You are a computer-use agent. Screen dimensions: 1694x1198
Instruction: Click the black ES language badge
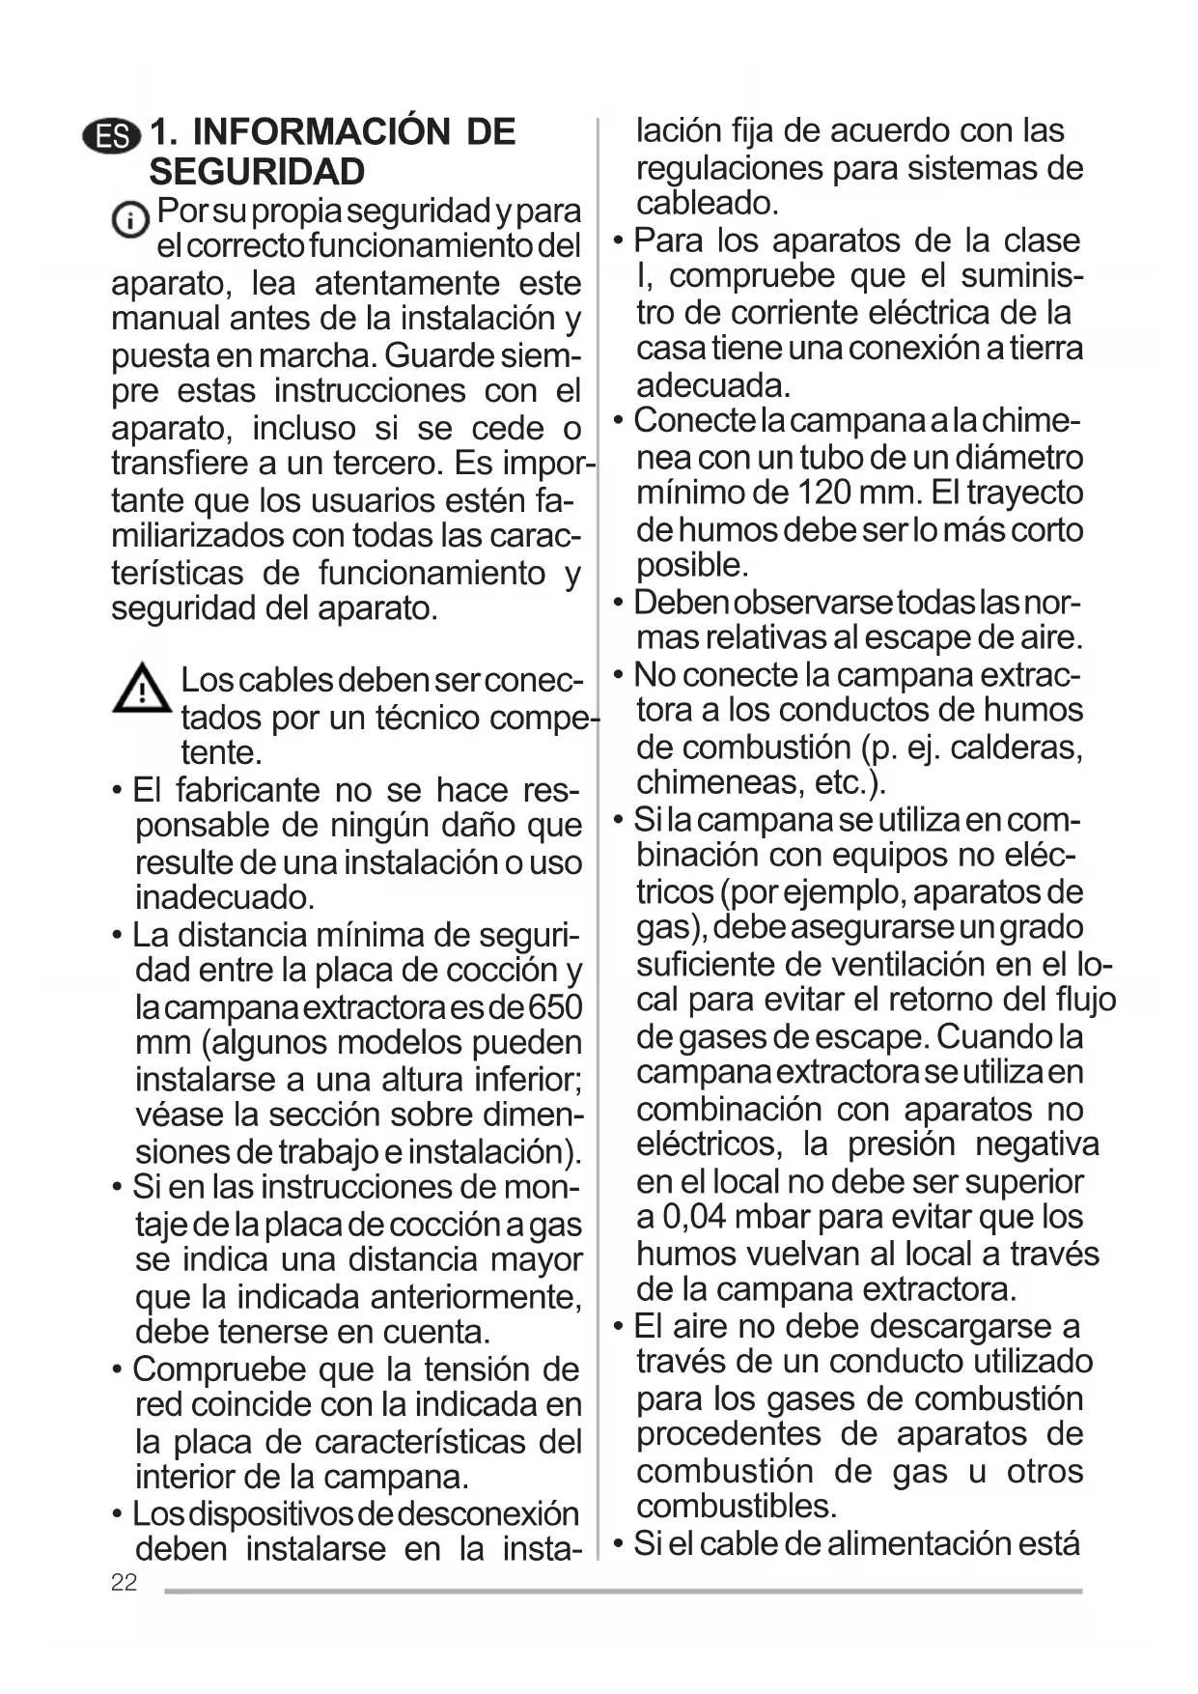(x=112, y=136)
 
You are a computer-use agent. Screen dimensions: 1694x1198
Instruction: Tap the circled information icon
(x=129, y=220)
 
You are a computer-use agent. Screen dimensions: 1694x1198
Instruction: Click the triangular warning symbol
(x=141, y=690)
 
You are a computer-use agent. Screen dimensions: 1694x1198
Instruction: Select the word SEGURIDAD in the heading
(x=257, y=172)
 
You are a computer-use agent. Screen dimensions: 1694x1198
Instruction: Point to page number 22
(x=124, y=1582)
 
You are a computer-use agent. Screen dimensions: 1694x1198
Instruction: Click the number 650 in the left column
(x=555, y=1007)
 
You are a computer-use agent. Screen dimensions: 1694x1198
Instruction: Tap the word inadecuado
(x=225, y=897)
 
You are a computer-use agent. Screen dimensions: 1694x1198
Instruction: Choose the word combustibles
(x=736, y=1506)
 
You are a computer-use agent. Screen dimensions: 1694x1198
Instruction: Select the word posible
(x=691, y=565)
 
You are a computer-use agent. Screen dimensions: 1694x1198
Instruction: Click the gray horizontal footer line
(x=623, y=1591)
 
